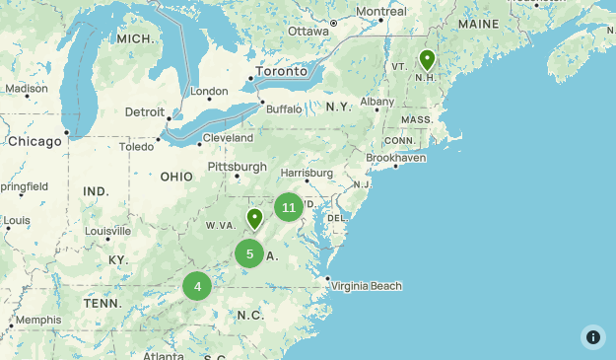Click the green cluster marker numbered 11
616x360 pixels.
pyautogui.click(x=288, y=207)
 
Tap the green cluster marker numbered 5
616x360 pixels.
pyautogui.click(x=249, y=254)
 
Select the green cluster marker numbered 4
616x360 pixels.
pyautogui.click(x=197, y=287)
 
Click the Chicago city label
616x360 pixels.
pyautogui.click(x=34, y=141)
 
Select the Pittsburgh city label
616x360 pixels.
pyautogui.click(x=237, y=167)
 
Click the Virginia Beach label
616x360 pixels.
pyautogui.click(x=367, y=286)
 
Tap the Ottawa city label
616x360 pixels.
pyautogui.click(x=308, y=32)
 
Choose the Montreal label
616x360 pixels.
pyautogui.click(x=380, y=12)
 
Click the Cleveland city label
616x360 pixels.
pyautogui.click(x=228, y=138)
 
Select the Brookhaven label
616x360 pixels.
pyautogui.click(x=396, y=157)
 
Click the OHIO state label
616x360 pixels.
pyautogui.click(x=176, y=177)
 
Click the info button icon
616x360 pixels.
pyautogui.click(x=592, y=336)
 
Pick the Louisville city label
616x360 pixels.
pyautogui.click(x=107, y=231)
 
